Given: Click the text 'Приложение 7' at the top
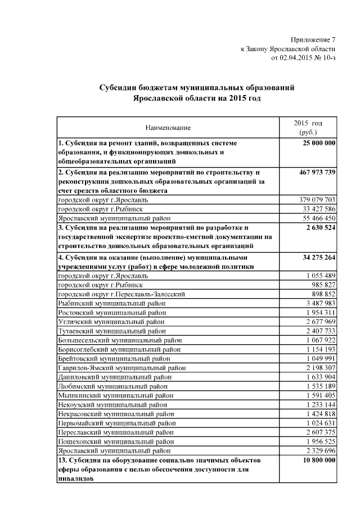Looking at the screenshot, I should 313,39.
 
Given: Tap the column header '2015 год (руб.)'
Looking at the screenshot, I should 308,127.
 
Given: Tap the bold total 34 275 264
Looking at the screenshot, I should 317,257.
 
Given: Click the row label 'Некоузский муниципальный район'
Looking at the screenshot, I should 113,404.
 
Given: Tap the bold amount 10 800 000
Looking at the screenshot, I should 317,460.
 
